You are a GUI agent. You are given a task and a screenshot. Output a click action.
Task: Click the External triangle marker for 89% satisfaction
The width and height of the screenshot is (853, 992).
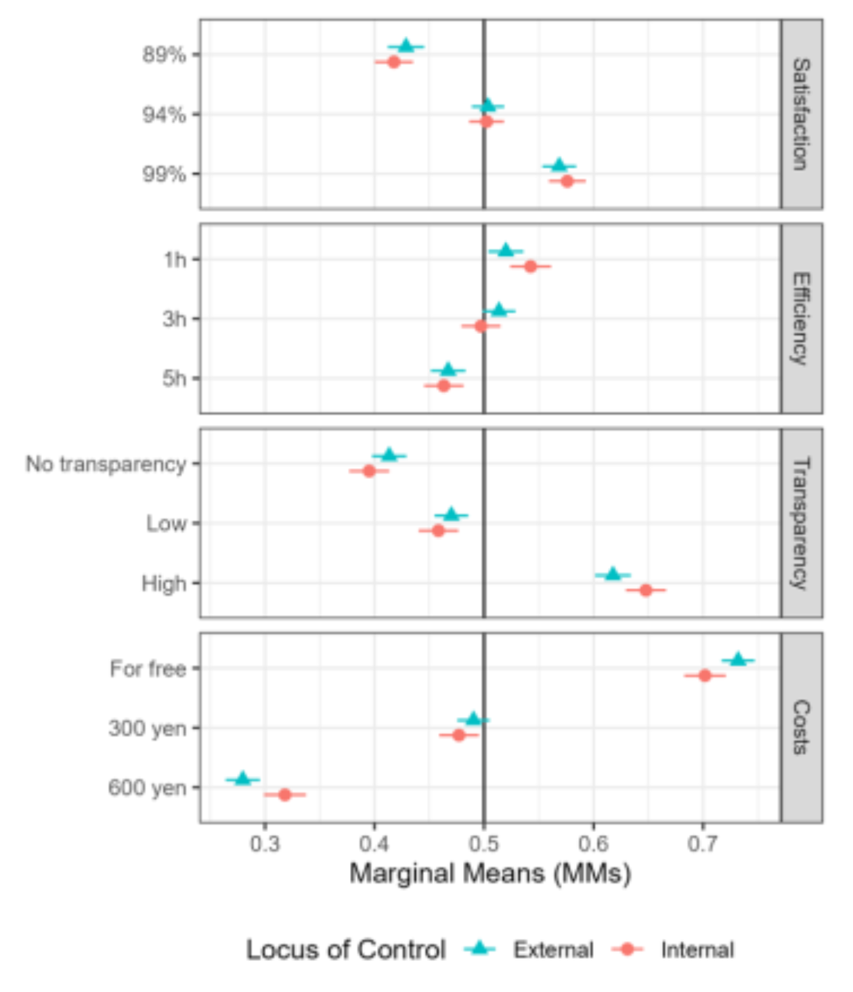pyautogui.click(x=406, y=46)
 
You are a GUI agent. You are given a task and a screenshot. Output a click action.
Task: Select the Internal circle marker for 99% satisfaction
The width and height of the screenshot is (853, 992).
pyautogui.click(x=567, y=181)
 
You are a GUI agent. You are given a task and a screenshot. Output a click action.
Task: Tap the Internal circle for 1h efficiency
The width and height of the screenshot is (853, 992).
pyautogui.click(x=531, y=266)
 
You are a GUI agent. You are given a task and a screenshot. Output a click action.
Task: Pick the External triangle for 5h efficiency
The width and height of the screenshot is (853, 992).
pyautogui.click(x=448, y=370)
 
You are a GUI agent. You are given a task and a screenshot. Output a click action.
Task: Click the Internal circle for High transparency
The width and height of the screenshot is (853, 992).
pyautogui.click(x=646, y=590)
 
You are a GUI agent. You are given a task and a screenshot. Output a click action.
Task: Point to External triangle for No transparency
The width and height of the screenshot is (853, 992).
pyautogui.click(x=389, y=455)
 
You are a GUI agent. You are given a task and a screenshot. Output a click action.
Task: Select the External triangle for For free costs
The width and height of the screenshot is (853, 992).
pyautogui.click(x=738, y=659)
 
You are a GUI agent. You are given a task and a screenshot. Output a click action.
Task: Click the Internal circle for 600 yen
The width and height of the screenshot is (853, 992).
pyautogui.click(x=284, y=794)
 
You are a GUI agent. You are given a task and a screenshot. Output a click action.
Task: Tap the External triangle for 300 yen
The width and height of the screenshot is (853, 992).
pyautogui.click(x=473, y=719)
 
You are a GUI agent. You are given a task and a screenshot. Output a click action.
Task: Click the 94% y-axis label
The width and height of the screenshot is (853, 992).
pyautogui.click(x=164, y=115)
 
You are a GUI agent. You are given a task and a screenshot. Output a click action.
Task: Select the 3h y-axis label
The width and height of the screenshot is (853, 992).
pyautogui.click(x=174, y=318)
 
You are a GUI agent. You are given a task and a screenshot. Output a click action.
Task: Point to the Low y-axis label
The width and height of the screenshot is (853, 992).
pyautogui.click(x=166, y=523)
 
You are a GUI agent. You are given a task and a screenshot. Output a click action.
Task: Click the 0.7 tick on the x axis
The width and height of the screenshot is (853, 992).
pyautogui.click(x=703, y=844)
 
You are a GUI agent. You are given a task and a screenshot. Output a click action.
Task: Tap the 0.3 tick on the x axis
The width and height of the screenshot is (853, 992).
pyautogui.click(x=265, y=844)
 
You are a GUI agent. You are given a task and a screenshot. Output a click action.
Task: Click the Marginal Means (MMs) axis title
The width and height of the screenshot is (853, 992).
pyautogui.click(x=490, y=873)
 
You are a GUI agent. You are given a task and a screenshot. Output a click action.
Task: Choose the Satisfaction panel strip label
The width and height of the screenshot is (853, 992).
pyautogui.click(x=801, y=114)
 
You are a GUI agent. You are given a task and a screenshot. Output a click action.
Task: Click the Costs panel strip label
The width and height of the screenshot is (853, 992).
pyautogui.click(x=801, y=727)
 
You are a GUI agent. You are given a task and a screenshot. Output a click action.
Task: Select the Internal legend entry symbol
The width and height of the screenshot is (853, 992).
pyautogui.click(x=628, y=949)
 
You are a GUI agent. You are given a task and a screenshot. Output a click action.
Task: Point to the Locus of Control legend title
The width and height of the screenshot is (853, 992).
pyautogui.click(x=345, y=949)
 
